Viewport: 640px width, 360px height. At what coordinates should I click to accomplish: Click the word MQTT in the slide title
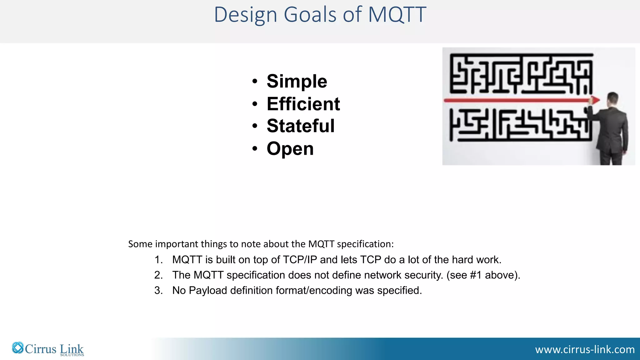tap(397, 15)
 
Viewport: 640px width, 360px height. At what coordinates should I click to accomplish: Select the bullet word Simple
tap(297, 81)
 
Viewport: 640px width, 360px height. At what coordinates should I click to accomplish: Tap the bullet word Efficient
tap(303, 104)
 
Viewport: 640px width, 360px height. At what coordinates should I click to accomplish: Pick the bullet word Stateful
tap(300, 126)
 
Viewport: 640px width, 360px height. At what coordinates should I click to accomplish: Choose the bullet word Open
tap(290, 148)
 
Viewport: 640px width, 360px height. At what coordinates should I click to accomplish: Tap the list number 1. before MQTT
tap(158, 260)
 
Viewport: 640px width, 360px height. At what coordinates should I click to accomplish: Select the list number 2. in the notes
tap(158, 275)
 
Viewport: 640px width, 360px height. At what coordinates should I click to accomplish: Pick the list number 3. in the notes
tap(158, 290)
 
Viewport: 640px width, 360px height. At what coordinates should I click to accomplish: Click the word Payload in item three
tap(208, 290)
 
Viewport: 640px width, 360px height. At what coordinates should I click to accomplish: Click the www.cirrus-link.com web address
tap(585, 349)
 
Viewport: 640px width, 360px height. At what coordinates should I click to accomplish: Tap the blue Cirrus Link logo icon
tap(18, 348)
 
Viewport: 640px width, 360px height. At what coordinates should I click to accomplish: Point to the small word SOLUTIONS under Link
tap(72, 355)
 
